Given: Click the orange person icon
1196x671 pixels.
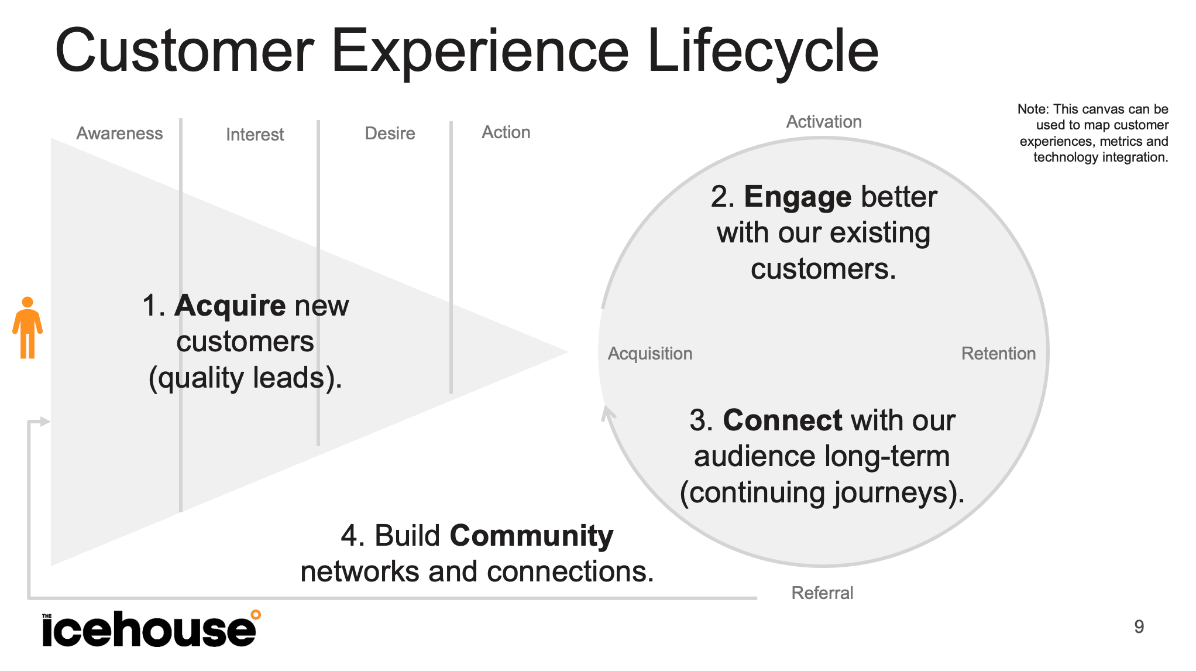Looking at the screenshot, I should click(x=28, y=328).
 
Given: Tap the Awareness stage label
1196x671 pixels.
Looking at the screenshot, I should click(x=119, y=133).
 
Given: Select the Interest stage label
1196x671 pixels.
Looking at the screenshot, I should click(x=255, y=135).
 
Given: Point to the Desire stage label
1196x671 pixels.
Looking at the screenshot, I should click(x=390, y=133).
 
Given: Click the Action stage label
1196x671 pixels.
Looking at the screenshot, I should click(x=506, y=132).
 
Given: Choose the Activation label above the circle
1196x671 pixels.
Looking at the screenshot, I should click(x=823, y=122).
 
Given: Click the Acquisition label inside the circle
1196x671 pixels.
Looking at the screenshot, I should click(x=649, y=354).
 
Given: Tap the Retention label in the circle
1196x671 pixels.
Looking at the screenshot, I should click(x=998, y=354).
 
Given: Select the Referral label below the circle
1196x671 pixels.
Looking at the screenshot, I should click(x=822, y=593).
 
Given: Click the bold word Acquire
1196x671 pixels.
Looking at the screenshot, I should click(x=229, y=306).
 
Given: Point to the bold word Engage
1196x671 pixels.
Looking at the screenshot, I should click(x=797, y=197).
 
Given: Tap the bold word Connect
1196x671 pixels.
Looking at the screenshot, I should click(x=782, y=420).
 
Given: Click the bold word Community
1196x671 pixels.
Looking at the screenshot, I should click(x=531, y=536).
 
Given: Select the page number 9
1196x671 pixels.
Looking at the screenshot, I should click(x=1139, y=627).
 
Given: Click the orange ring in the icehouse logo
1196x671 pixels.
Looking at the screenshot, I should click(x=256, y=615).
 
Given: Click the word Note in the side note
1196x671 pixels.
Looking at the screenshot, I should click(x=1032, y=109).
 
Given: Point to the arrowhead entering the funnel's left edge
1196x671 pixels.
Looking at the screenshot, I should click(x=45, y=422).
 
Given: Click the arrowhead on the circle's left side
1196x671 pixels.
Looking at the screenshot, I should click(x=609, y=413).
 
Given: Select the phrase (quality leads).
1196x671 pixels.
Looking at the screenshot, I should click(x=245, y=378).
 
